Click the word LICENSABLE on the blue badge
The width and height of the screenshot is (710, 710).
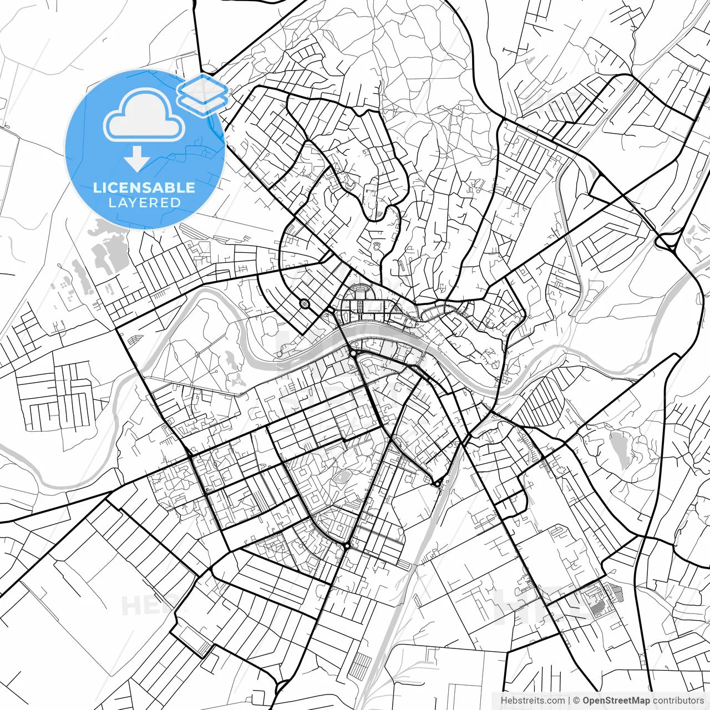144,187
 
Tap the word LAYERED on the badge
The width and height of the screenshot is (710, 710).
144,203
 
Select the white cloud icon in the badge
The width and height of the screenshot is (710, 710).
144,115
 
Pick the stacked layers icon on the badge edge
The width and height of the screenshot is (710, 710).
203,93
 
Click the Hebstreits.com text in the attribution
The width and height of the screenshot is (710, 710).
532,701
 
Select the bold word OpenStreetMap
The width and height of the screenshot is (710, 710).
616,701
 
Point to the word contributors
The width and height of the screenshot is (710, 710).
677,701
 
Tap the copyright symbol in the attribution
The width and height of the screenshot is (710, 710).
576,701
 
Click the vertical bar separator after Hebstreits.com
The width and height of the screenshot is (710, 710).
569,701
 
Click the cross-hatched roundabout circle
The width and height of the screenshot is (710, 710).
305,303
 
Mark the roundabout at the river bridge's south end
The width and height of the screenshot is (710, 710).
353,353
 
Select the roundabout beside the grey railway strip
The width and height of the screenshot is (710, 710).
438,483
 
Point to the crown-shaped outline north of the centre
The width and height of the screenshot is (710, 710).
378,246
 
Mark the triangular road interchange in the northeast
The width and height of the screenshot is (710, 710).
665,242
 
